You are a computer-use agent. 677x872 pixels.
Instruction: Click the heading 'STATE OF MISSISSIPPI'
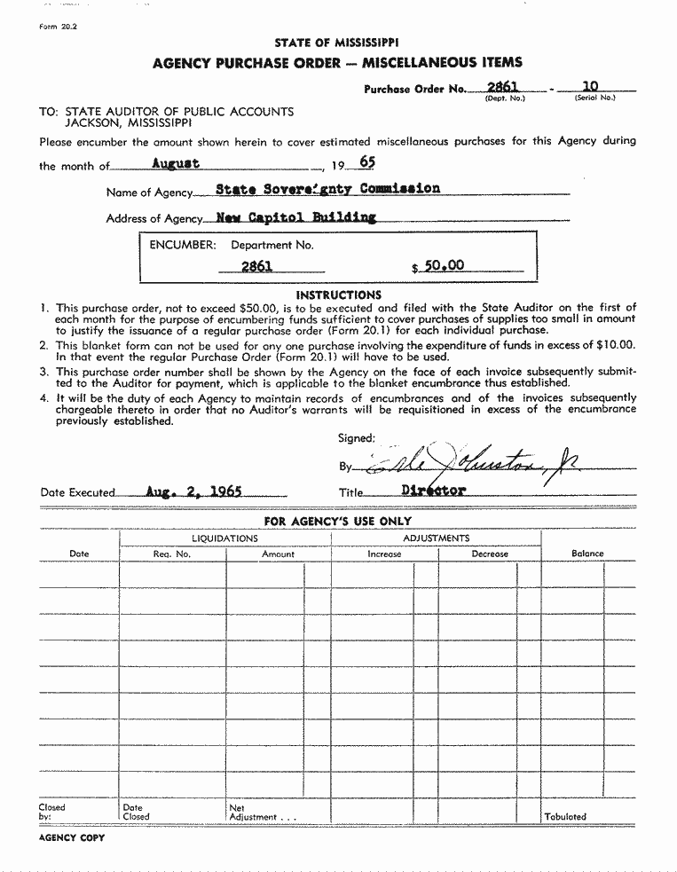(x=336, y=43)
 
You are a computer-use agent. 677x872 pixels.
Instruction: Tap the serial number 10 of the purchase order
(x=590, y=86)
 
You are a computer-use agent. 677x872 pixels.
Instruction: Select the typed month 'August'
(x=176, y=163)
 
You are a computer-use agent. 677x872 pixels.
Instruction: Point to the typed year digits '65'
(x=367, y=163)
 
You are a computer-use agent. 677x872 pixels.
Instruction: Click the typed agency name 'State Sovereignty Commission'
(x=315, y=189)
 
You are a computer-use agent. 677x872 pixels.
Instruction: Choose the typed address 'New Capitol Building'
(x=296, y=216)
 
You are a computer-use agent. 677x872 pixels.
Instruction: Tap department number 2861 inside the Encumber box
(x=256, y=266)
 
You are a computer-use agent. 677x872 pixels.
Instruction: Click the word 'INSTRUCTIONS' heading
(x=338, y=295)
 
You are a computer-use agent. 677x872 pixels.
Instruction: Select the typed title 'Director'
(x=434, y=490)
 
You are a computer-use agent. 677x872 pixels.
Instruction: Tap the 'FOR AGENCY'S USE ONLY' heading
(x=337, y=522)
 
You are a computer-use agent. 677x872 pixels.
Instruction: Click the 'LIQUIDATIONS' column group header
(x=224, y=538)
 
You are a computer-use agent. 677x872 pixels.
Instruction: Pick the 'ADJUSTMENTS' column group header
(x=436, y=538)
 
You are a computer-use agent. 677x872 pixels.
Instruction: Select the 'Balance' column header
(x=587, y=554)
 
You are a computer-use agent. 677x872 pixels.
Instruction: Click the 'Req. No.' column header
(x=172, y=554)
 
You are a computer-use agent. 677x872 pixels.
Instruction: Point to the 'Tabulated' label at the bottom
(x=565, y=816)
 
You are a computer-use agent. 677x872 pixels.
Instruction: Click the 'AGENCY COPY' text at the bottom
(x=71, y=838)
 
